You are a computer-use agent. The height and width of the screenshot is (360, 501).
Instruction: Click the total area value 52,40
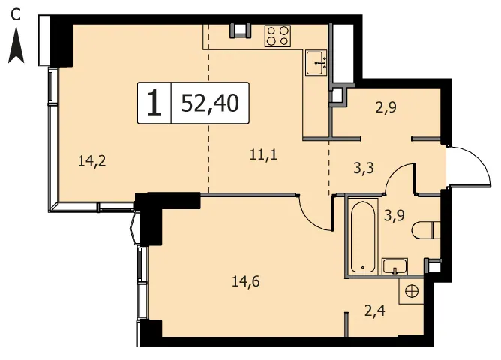coord(210,103)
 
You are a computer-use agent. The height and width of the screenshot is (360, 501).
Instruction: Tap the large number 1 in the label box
coord(154,103)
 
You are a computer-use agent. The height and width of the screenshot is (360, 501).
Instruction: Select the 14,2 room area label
coord(92,161)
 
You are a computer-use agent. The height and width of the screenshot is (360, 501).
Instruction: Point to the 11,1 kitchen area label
coord(263,155)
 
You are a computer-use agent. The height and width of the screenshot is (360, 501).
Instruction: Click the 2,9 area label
coord(386,107)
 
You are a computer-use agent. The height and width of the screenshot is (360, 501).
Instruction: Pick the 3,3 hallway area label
coord(364,168)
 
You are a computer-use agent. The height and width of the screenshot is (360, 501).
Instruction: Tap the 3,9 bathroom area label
coord(394,216)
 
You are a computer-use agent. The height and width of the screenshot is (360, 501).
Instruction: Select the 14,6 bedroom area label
coord(246,281)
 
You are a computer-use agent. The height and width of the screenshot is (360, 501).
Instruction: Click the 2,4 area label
coord(375,310)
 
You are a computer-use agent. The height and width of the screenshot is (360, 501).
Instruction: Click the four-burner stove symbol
coord(277,36)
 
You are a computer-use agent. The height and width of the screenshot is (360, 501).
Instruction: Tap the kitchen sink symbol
coord(316,62)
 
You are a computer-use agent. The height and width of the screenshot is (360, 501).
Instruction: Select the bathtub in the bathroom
coord(363,235)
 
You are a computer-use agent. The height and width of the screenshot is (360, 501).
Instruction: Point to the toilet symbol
coord(426,230)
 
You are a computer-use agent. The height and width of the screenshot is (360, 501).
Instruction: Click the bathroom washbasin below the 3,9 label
coord(395,266)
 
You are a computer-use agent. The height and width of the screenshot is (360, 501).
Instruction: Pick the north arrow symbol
coord(16,45)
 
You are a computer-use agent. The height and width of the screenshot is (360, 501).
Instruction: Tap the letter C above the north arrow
coord(15,14)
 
